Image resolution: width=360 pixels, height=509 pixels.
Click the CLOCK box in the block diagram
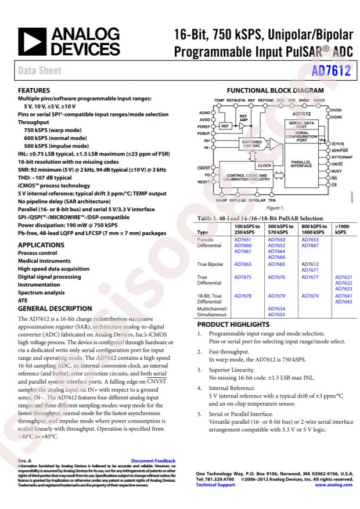point(264,165)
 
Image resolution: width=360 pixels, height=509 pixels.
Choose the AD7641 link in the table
point(343,295)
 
